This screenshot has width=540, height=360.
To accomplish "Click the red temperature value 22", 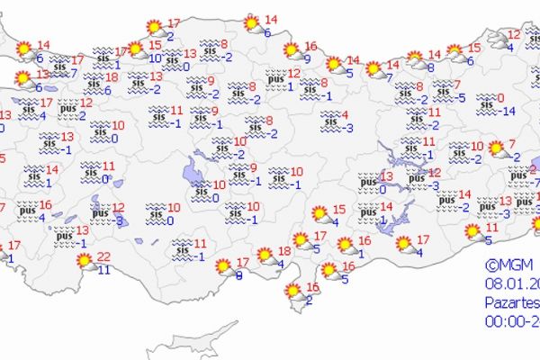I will pos(103,257).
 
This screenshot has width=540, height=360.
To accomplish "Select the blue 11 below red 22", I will pos(103,269).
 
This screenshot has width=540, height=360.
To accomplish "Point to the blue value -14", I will pos(508,111).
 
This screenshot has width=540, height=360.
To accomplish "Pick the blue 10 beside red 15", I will pos(155,58).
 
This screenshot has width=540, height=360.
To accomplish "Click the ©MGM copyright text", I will pos(505,265).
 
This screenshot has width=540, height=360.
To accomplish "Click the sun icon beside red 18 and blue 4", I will pos(265,256).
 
